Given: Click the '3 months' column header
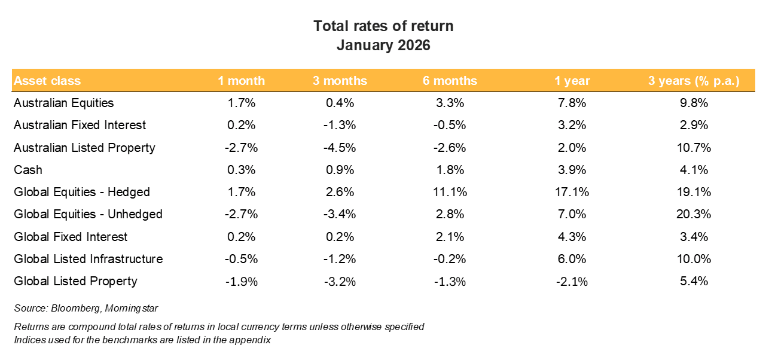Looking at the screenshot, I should pos(340,81).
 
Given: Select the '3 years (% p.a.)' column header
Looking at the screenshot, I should pos(694,81).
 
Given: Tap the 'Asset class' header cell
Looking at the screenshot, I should pos(47,81).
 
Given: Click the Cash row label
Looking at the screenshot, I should pos(28,170).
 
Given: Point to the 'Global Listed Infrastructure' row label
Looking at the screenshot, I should pos(88,259).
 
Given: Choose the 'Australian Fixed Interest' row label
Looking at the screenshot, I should pos(80,125).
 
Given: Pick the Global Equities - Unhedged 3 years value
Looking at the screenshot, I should pos(694,214).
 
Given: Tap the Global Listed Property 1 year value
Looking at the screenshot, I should pos(572,282).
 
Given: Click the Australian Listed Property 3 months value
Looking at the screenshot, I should pos(340,148).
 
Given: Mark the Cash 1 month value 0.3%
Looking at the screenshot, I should pos(242,170).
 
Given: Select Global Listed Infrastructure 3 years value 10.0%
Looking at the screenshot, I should pos(694,259).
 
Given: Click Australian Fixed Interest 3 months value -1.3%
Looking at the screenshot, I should pos(340,125).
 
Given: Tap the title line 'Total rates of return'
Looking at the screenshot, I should pos(383,26).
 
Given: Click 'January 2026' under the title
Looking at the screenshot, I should pos(383,45).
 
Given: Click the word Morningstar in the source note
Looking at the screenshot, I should pos(133,308).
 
